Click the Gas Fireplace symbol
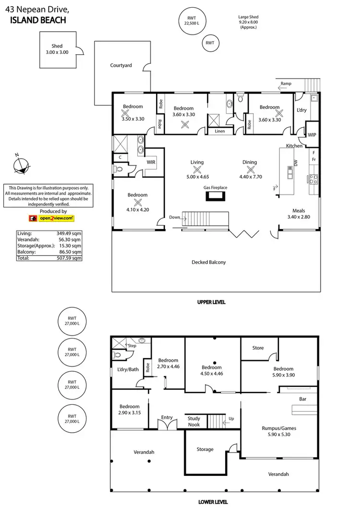click(215, 195)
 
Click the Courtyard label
click(121, 65)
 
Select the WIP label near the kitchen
click(312, 135)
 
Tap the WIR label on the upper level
click(152, 163)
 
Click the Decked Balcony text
click(208, 262)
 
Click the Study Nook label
click(194, 421)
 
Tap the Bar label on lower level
click(303, 399)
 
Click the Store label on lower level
click(258, 348)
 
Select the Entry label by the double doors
click(167, 417)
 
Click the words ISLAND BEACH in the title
click(38, 20)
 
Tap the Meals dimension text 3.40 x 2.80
click(299, 217)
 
